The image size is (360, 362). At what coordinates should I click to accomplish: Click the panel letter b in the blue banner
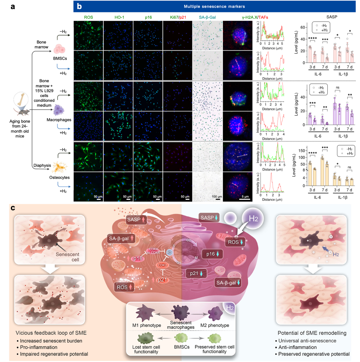[x=79, y=6]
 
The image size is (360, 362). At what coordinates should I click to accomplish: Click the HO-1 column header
[x=119, y=17]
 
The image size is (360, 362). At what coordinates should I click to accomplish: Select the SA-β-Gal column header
[x=207, y=17]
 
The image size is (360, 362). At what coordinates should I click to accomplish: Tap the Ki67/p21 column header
[x=178, y=17]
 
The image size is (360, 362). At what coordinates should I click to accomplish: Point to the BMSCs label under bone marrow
[x=60, y=58]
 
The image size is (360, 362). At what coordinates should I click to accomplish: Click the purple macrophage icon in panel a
[x=59, y=111]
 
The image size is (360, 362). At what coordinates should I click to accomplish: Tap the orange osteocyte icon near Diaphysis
[x=60, y=168]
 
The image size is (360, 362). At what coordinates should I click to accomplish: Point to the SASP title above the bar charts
[x=332, y=17]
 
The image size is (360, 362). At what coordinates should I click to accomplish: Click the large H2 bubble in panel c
[x=253, y=219]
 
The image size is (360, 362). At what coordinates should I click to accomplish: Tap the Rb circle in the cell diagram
[x=169, y=252]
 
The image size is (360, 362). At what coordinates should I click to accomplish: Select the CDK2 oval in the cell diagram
[x=162, y=265]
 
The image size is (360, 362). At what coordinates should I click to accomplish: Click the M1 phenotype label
[x=146, y=325]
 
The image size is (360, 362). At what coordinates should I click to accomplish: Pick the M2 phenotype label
[x=214, y=325]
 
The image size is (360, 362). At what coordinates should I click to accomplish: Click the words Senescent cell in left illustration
[x=68, y=257]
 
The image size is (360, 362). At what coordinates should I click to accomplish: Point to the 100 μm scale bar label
[x=217, y=197]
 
